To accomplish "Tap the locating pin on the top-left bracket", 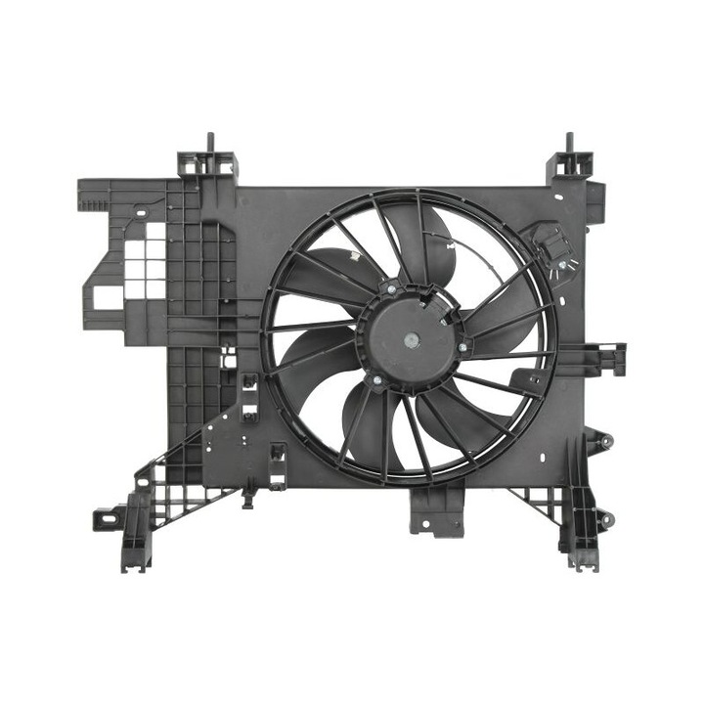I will click(208, 143).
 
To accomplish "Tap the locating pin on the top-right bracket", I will click(569, 143).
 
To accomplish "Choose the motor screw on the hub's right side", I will click(462, 346).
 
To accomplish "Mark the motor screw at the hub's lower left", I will click(374, 380).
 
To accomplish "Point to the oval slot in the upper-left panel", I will click(141, 211).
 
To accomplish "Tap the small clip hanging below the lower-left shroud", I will click(249, 500).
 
